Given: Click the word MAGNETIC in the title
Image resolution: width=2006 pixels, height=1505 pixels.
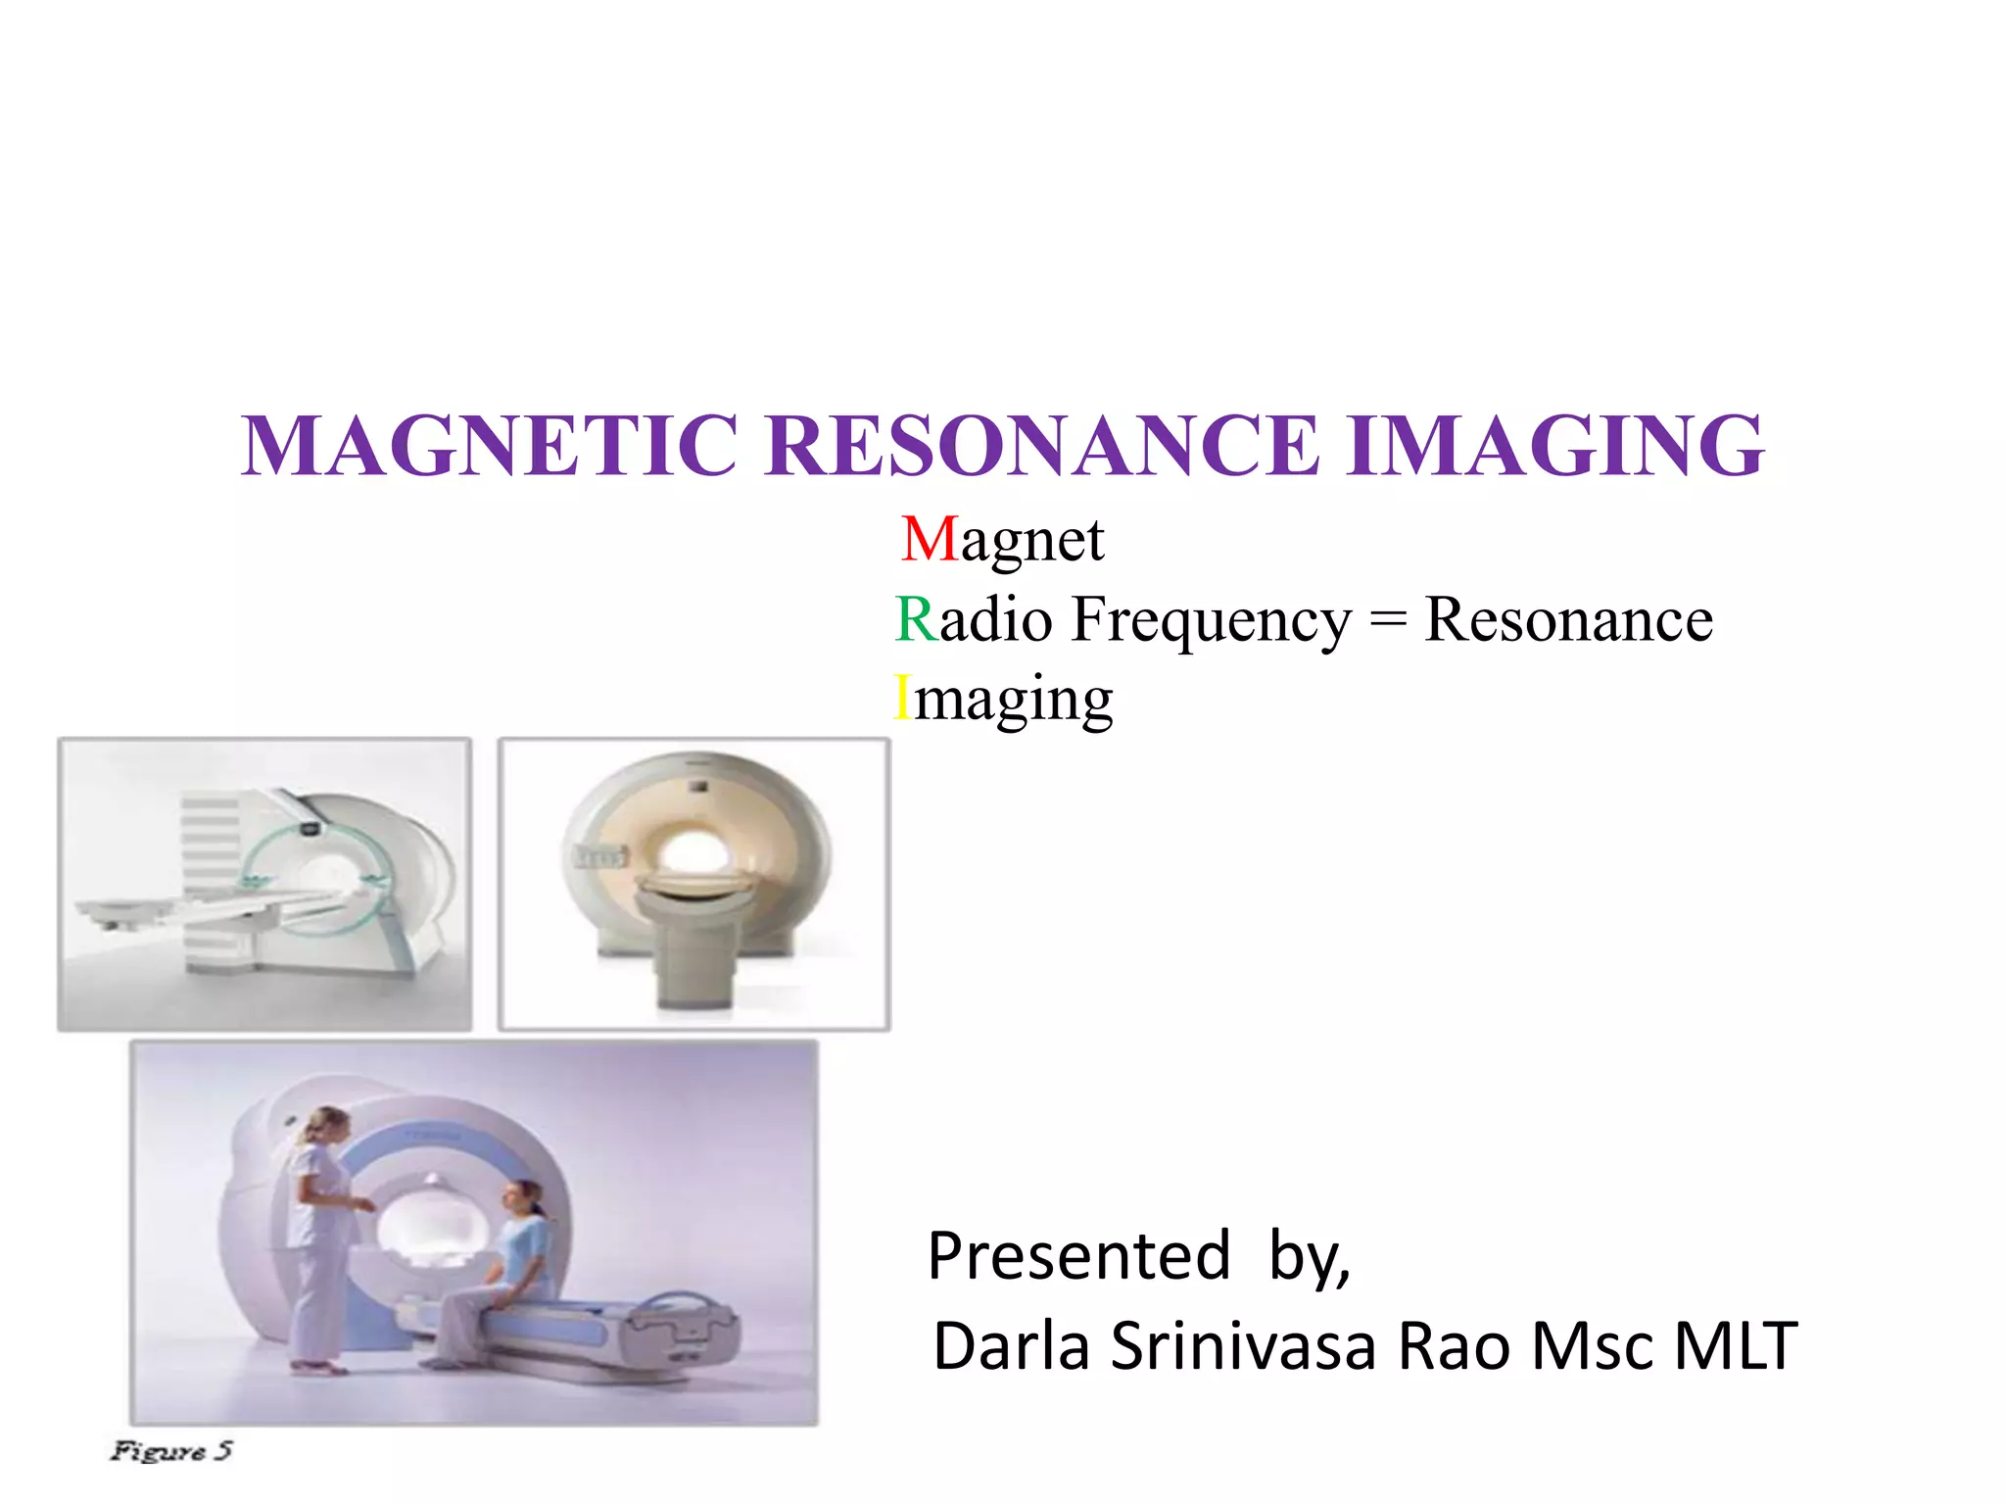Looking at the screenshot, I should click(x=489, y=446).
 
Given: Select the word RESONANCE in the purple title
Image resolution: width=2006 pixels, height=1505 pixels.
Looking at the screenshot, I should click(x=1043, y=446).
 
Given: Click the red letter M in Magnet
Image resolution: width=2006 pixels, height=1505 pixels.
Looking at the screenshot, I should click(x=929, y=540).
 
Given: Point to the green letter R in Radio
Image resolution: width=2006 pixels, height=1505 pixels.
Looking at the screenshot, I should click(x=916, y=619).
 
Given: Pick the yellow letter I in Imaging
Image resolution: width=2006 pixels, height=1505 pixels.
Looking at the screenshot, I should click(x=902, y=699).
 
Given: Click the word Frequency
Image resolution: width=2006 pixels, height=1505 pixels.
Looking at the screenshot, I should click(x=1211, y=621).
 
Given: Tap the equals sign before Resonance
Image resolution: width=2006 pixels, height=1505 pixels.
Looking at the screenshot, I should click(x=1388, y=621).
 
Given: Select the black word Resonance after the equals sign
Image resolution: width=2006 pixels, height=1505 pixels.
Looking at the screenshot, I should click(x=1568, y=619).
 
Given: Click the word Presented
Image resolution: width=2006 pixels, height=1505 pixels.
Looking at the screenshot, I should click(x=1078, y=1256).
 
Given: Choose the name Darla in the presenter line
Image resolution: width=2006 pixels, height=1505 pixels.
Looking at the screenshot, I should click(x=1012, y=1346).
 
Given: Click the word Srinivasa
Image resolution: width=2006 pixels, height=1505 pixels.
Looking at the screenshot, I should click(x=1244, y=1346).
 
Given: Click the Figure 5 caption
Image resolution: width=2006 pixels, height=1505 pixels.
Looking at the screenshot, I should click(x=171, y=1450).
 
